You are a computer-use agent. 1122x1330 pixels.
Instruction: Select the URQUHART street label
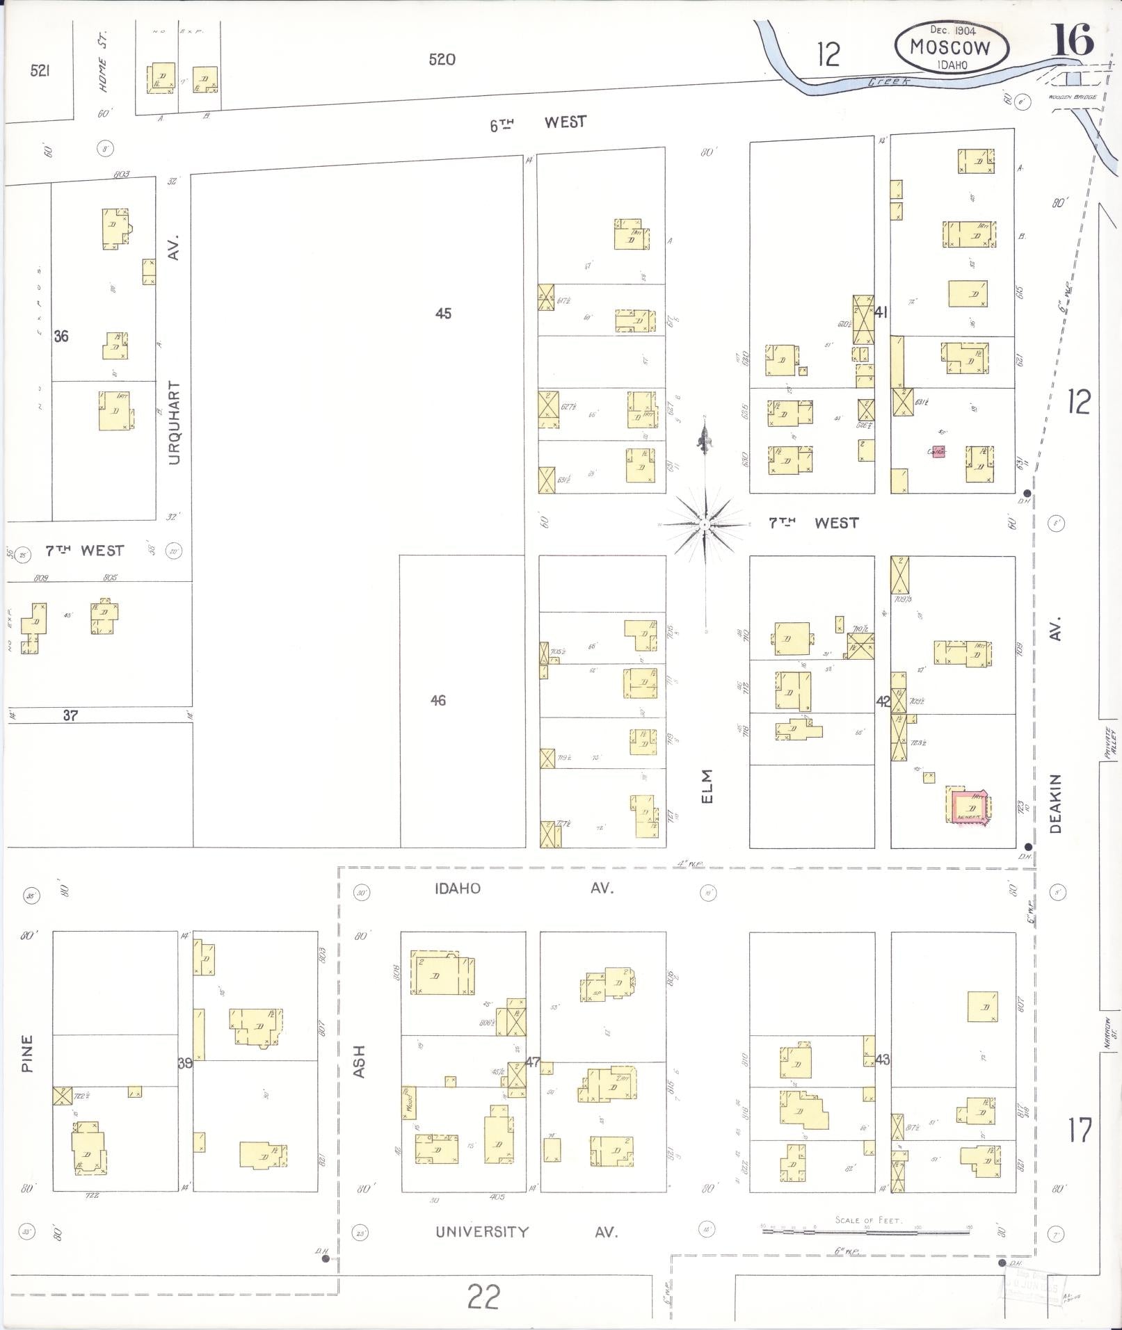174,422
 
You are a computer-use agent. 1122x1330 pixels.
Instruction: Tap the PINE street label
27,1053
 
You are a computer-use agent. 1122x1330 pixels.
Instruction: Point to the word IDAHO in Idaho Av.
457,889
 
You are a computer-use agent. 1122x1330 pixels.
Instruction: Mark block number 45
443,314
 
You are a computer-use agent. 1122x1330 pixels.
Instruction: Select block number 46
438,700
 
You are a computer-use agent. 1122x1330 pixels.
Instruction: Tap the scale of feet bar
866,1231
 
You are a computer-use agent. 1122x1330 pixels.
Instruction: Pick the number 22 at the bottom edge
483,1297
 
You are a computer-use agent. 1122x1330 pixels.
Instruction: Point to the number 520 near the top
442,60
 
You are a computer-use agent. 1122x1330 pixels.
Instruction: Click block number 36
61,336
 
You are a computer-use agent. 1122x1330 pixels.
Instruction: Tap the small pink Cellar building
939,451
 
